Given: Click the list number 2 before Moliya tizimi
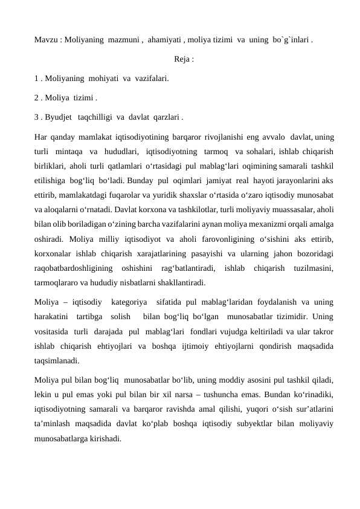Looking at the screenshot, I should coord(37,96).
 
